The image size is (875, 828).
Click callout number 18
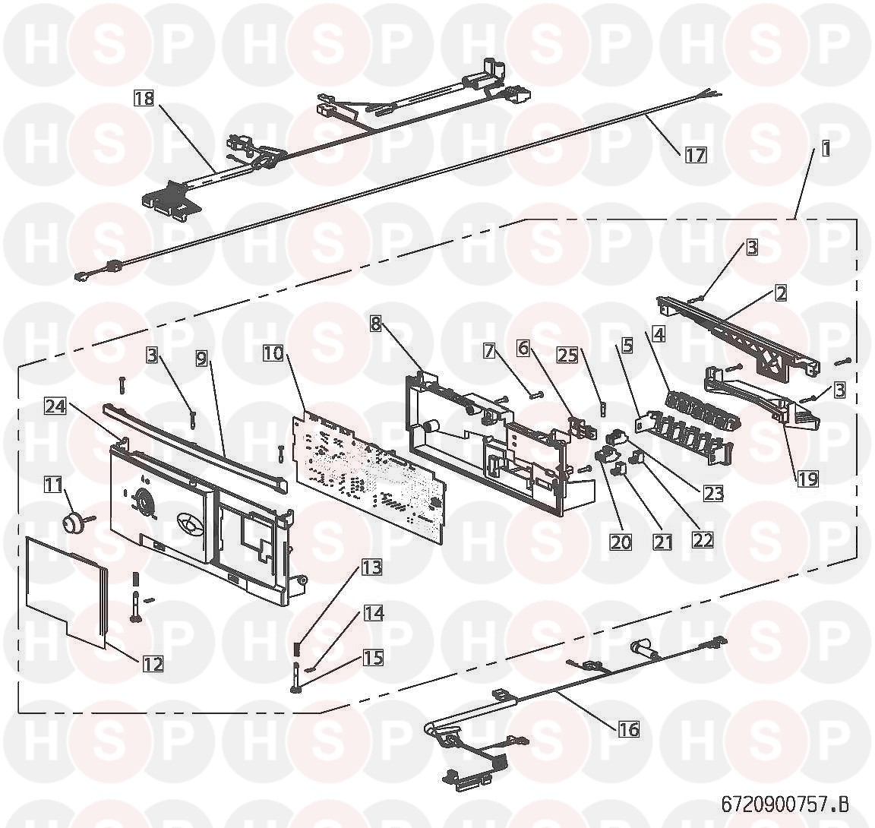tap(144, 99)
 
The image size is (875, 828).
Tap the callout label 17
tap(695, 154)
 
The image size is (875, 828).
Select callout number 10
tap(274, 353)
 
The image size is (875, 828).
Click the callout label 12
tap(153, 664)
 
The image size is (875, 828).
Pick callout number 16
tap(628, 728)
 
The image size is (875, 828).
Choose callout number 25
tap(568, 356)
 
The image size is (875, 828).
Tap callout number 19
tap(807, 478)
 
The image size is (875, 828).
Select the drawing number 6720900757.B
tap(785, 804)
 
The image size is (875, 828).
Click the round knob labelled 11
tap(72, 523)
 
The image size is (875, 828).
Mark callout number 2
tap(780, 292)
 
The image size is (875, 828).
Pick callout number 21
tap(662, 541)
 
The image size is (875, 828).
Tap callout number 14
tap(374, 613)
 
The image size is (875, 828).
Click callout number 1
tap(826, 149)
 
